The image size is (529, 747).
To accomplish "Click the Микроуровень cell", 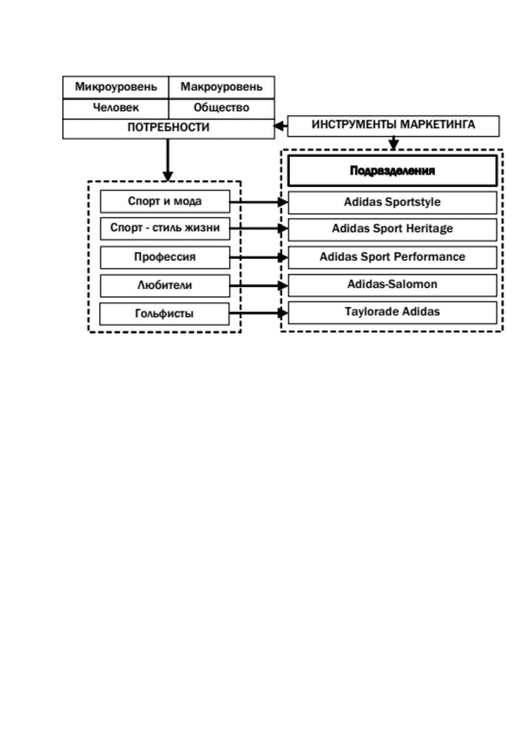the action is (x=115, y=87).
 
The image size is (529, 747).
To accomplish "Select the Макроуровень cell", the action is (x=222, y=87).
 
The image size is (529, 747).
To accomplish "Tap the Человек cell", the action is (x=115, y=108).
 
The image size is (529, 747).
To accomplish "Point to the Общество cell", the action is (x=222, y=108).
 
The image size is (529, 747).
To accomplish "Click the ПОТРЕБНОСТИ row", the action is (x=169, y=129).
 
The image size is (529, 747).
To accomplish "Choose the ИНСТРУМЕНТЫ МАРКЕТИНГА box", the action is (x=393, y=126).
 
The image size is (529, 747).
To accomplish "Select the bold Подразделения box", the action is (x=392, y=170).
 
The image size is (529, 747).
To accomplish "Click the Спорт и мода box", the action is (x=165, y=201).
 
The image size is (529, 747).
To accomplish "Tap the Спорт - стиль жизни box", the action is (x=165, y=228).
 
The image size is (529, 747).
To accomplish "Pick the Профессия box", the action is (x=165, y=257).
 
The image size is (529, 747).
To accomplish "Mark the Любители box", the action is (x=165, y=286).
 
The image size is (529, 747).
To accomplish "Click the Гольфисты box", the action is (x=164, y=314).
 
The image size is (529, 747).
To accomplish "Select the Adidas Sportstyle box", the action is (x=392, y=202).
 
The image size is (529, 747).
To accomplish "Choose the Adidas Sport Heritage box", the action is (x=392, y=229).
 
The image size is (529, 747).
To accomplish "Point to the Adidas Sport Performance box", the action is (x=392, y=257).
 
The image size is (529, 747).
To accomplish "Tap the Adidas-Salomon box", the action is (x=392, y=285).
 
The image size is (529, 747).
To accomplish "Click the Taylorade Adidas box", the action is (x=392, y=312).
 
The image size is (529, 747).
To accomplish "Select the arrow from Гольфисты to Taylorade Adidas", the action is (x=259, y=313).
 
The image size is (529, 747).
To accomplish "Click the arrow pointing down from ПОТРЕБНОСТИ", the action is (x=167, y=160).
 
